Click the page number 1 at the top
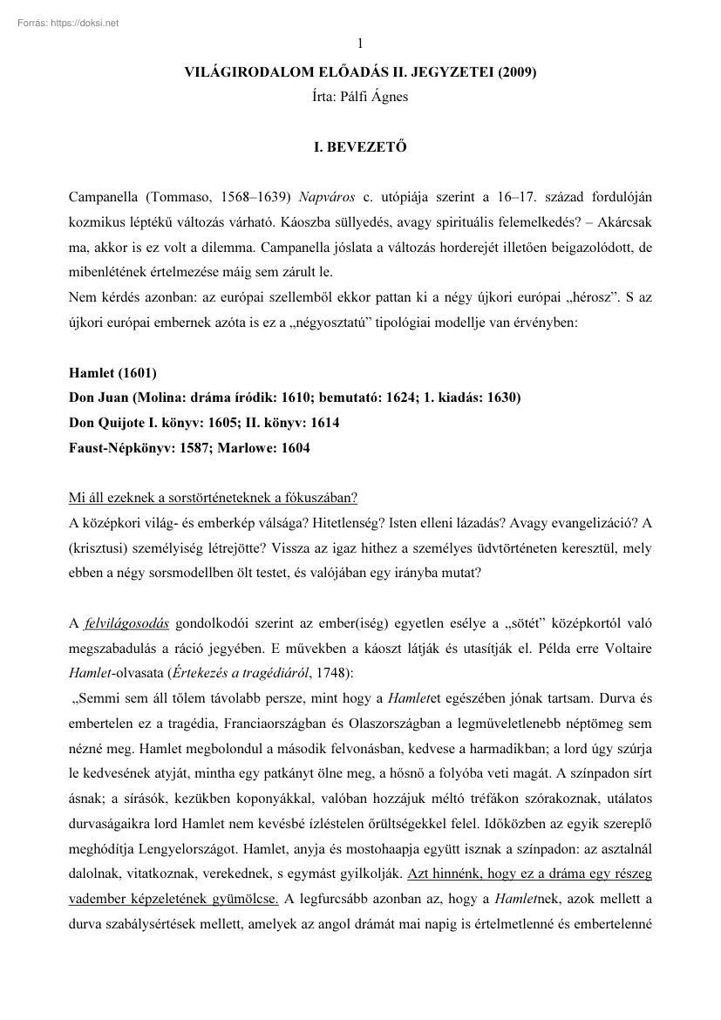coord(360,44)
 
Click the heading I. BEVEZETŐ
coord(360,148)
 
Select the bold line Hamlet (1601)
coord(112,374)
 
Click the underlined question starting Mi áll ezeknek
coord(213,499)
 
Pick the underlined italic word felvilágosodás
coord(126,623)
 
